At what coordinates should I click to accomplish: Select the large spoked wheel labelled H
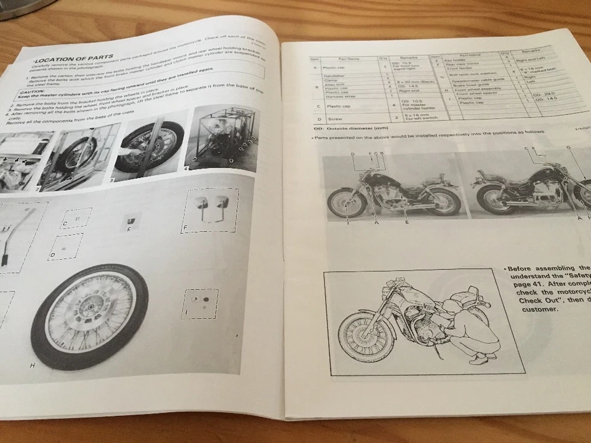[89, 316]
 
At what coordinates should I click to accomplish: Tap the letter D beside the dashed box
[53, 255]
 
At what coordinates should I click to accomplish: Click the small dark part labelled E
[129, 220]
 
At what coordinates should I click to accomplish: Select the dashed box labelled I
[200, 303]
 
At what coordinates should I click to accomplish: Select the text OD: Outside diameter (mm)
[342, 129]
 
